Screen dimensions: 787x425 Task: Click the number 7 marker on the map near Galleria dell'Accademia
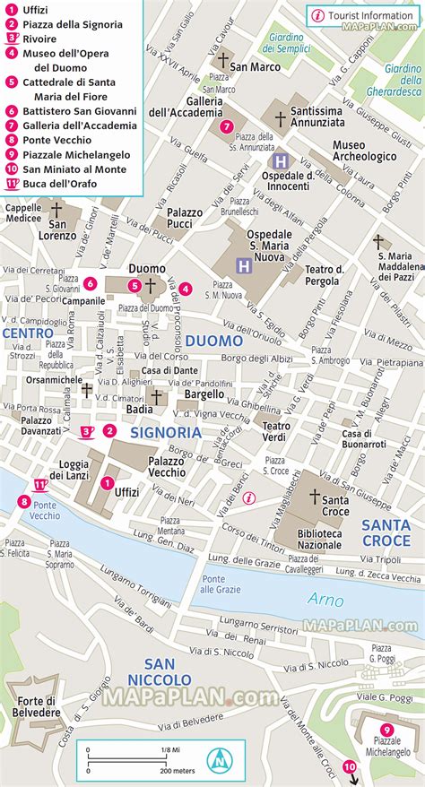(227, 126)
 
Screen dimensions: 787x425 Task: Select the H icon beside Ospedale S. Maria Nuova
(242, 265)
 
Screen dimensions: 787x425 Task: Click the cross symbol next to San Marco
(222, 60)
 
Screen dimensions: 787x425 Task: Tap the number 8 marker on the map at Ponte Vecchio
(23, 501)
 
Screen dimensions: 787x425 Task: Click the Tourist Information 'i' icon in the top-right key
(317, 15)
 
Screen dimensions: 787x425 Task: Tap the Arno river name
(325, 599)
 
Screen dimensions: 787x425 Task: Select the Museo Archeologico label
(364, 150)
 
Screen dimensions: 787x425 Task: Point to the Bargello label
(204, 393)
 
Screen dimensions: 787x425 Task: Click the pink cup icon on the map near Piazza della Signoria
(87, 432)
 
